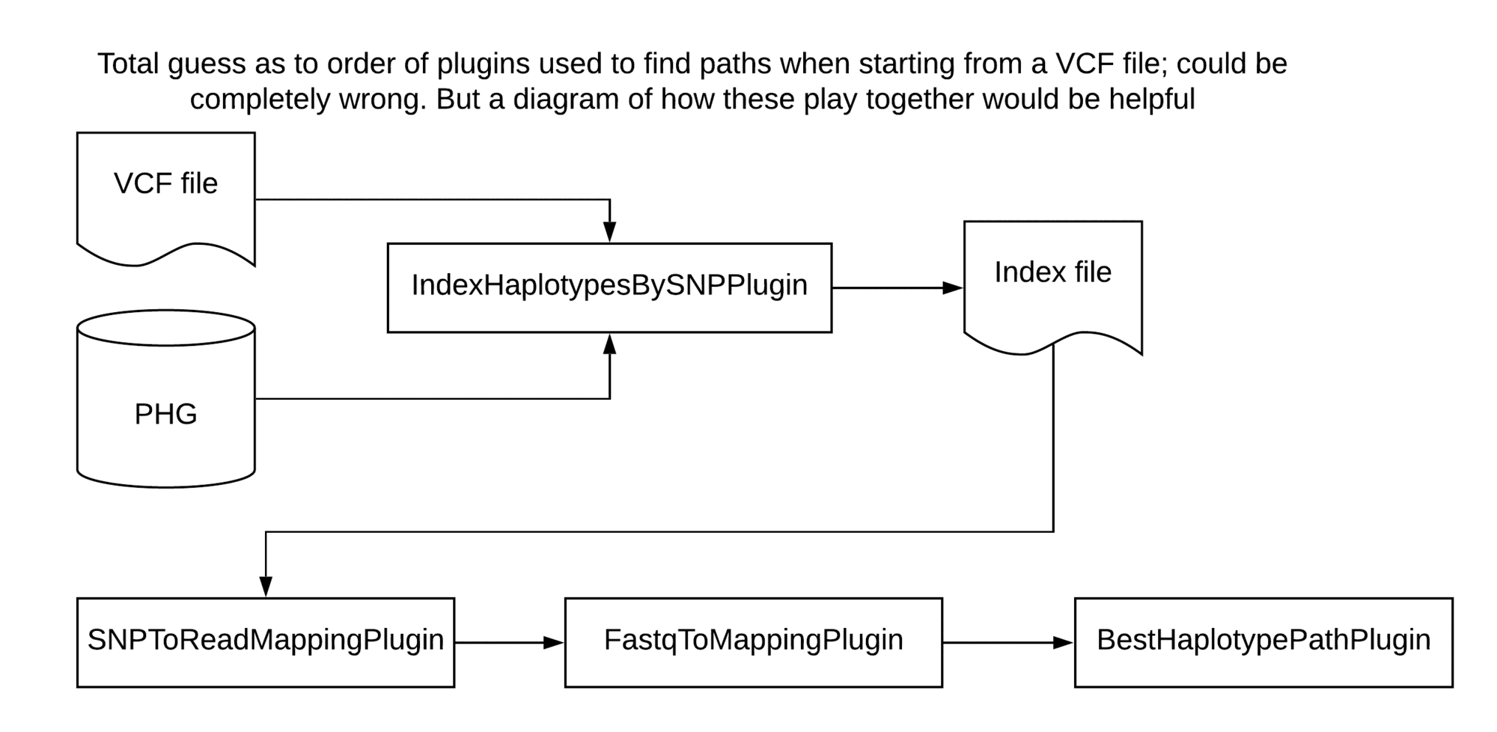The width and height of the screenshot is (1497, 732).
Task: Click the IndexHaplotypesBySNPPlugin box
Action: [609, 287]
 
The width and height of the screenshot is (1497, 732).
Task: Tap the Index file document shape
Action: [1052, 284]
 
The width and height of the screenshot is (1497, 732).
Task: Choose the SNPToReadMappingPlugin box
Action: [266, 642]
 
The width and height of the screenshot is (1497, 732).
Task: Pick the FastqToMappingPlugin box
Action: [753, 642]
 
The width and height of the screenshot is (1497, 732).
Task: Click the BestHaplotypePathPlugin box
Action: [1263, 642]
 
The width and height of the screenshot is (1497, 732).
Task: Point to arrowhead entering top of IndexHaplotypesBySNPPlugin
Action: [610, 231]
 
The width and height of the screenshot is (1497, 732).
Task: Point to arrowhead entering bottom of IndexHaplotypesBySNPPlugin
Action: [610, 345]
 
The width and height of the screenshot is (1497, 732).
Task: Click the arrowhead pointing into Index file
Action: [952, 287]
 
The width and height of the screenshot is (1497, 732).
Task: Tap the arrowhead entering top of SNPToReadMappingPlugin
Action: [266, 586]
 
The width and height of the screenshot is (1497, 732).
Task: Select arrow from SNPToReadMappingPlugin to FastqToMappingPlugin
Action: [509, 642]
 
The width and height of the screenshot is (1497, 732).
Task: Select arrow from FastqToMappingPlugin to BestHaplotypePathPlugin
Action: [1007, 642]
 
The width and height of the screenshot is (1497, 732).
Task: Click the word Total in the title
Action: [128, 64]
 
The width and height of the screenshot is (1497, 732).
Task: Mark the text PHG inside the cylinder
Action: [165, 414]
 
